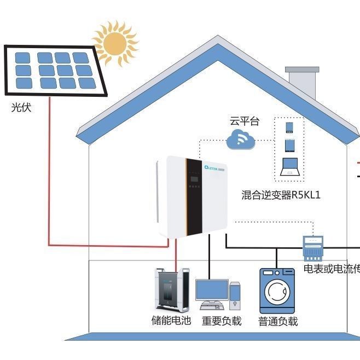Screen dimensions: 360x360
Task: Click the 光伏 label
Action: pyautogui.click(x=21, y=108)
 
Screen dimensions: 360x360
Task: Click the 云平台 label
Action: pyautogui.click(x=244, y=121)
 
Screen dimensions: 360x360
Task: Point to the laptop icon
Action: pyautogui.click(x=290, y=167)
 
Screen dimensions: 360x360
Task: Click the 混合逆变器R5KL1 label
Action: pyautogui.click(x=281, y=195)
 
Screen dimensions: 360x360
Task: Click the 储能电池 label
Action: pyautogui.click(x=171, y=321)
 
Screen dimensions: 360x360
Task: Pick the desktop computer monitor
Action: pyautogui.click(x=212, y=292)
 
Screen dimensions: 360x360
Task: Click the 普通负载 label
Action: pyautogui.click(x=278, y=321)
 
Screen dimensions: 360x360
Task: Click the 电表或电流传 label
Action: pyautogui.click(x=332, y=270)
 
